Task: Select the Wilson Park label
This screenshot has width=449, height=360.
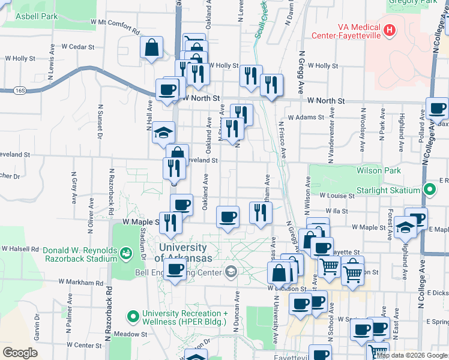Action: click(x=378, y=170)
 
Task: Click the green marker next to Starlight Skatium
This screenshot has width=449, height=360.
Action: click(x=429, y=190)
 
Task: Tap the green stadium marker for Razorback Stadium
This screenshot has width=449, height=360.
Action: click(x=125, y=254)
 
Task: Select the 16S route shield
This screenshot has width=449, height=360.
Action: click(x=22, y=90)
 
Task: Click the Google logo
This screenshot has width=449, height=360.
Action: click(x=20, y=352)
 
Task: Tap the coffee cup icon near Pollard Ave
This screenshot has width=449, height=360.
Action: click(x=438, y=109)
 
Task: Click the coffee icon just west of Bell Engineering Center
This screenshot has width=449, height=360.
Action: click(x=175, y=271)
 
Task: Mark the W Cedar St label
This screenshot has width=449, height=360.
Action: click(x=80, y=46)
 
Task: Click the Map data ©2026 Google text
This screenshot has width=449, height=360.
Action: click(x=412, y=355)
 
